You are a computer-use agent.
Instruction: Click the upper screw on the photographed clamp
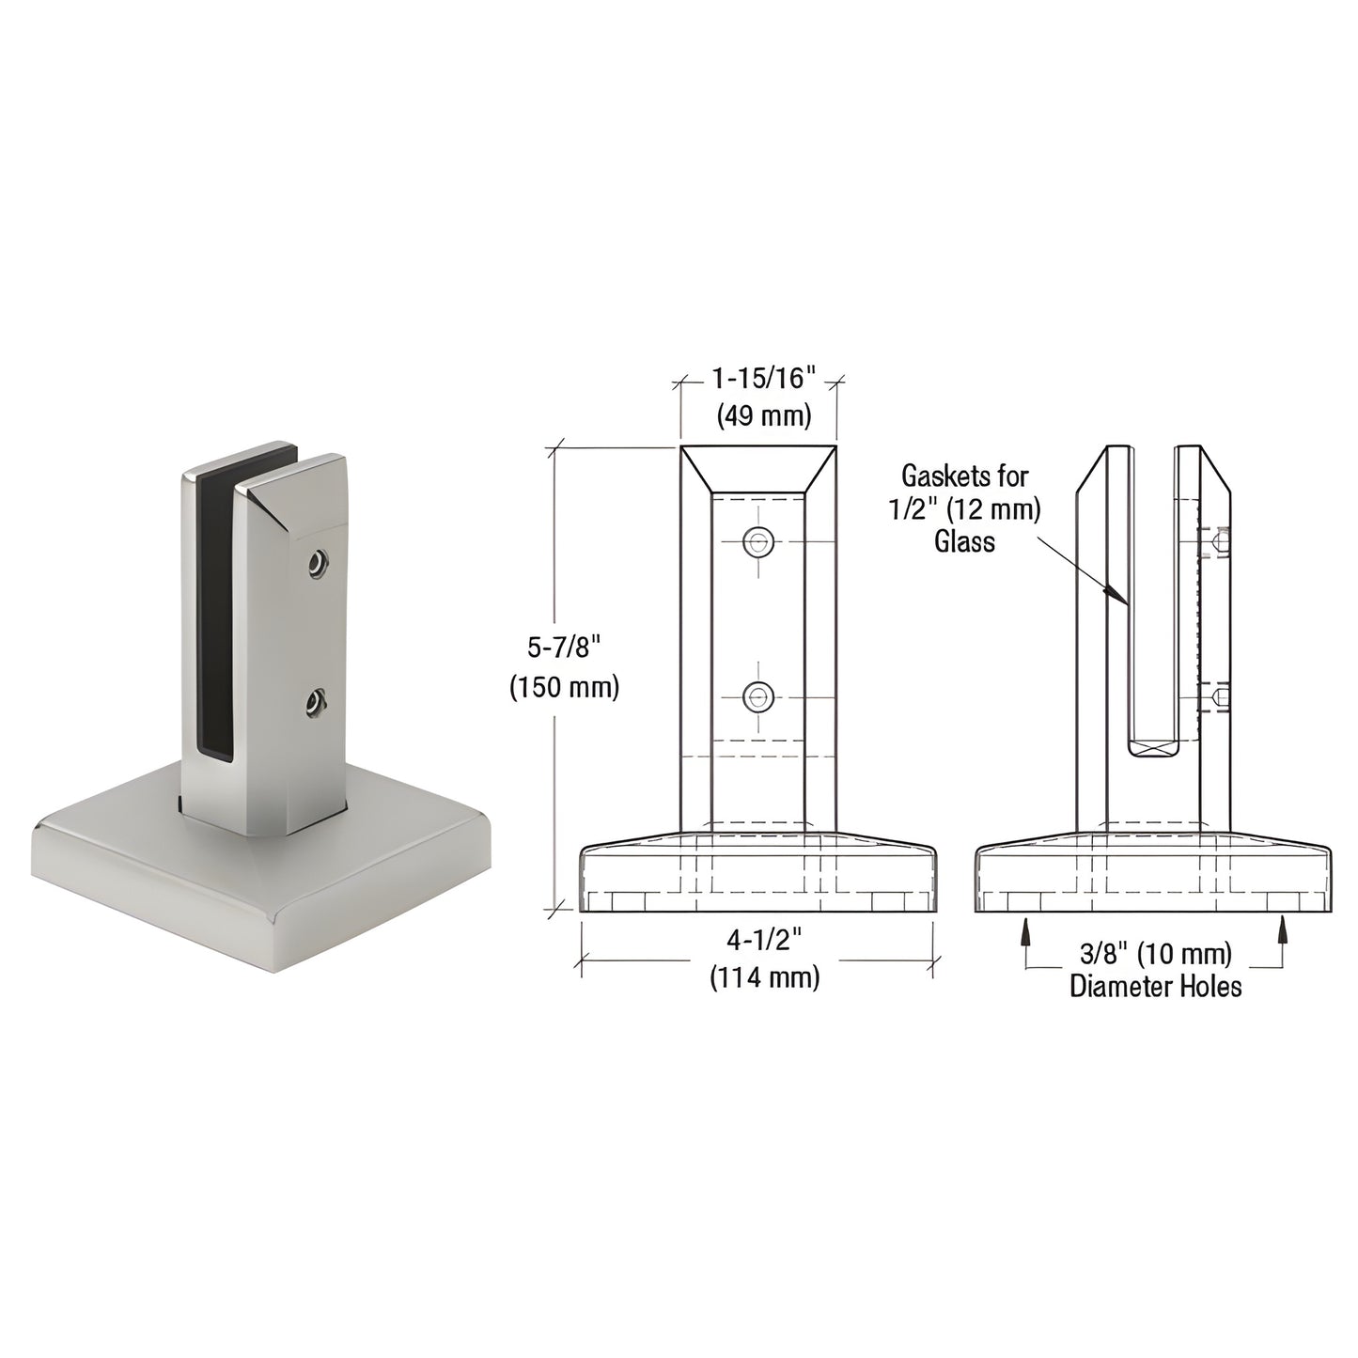(x=319, y=564)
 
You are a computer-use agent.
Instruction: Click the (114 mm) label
(x=764, y=977)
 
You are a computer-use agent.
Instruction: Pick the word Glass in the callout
(x=964, y=541)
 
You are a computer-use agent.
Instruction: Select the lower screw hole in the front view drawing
(x=757, y=697)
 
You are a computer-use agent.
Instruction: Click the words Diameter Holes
(x=1156, y=986)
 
